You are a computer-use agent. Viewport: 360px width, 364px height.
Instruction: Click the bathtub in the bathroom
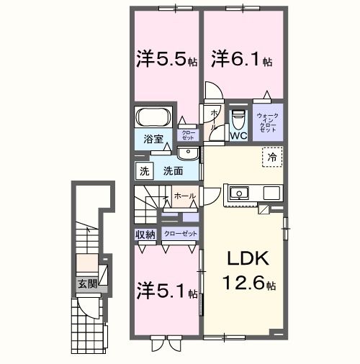pyautogui.click(x=153, y=117)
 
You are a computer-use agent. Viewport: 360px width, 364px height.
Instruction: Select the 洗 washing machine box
pyautogui.click(x=144, y=171)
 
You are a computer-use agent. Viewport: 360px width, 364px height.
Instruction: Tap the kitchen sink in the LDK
pyautogui.click(x=238, y=193)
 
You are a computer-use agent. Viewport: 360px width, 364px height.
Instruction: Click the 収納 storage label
pyautogui.click(x=145, y=235)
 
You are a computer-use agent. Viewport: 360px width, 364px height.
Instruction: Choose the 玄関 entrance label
pyautogui.click(x=87, y=283)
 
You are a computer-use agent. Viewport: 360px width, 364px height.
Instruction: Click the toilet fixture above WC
pyautogui.click(x=238, y=117)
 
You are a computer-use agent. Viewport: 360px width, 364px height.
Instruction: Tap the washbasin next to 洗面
pyautogui.click(x=188, y=153)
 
